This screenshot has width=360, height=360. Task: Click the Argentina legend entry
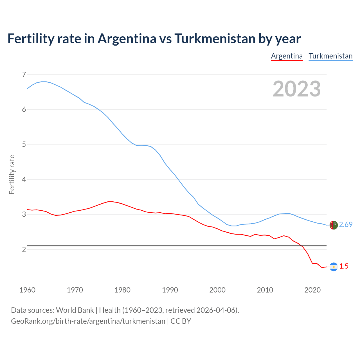[x=287, y=56]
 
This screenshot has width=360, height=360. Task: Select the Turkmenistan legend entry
[x=330, y=56]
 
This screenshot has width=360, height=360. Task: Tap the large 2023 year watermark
[x=296, y=89]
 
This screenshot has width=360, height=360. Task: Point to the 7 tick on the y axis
[x=24, y=75]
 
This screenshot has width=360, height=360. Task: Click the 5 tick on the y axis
[x=24, y=145]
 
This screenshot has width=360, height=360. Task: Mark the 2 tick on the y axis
[x=24, y=249]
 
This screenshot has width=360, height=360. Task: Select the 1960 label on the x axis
[x=27, y=290]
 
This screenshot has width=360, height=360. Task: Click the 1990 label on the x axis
[x=170, y=290]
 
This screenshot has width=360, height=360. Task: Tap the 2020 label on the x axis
[x=312, y=290]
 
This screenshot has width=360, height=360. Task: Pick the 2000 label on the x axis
[x=217, y=290]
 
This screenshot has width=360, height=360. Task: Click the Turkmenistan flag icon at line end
[x=334, y=225]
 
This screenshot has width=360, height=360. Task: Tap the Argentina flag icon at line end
[x=334, y=267]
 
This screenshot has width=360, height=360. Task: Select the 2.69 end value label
[x=346, y=224]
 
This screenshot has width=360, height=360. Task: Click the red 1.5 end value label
[x=344, y=266]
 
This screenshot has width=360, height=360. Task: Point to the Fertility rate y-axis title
[x=12, y=174]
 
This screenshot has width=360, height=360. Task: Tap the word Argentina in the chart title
[x=127, y=39]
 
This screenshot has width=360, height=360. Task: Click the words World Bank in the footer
[x=75, y=310]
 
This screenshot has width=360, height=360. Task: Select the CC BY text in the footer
[x=181, y=321]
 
